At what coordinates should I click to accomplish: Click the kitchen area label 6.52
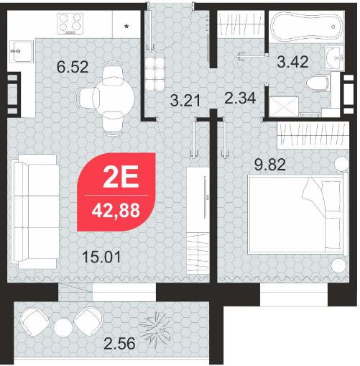coord(73,67)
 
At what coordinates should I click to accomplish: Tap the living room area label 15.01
coord(101,257)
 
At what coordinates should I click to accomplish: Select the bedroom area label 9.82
coord(270,165)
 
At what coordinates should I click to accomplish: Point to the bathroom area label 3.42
coord(292,62)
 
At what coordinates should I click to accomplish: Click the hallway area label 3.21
coord(185,101)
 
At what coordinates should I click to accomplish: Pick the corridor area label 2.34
coord(240,99)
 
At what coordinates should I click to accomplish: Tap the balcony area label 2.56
coord(119,344)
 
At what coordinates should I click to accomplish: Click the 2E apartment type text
coord(121,177)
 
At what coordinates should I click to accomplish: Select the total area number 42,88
coord(116,210)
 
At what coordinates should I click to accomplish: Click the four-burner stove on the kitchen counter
coord(70,24)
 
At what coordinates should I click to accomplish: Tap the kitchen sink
coord(22,51)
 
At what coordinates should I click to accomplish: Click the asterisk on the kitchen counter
coord(126,27)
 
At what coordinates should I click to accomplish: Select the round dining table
coord(114,98)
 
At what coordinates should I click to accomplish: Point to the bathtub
coord(307,27)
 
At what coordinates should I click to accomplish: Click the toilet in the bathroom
coord(318,83)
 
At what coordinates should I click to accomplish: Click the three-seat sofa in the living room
coord(36,211)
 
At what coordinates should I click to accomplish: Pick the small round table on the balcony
coord(63,328)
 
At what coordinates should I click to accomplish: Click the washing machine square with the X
coord(284,106)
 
